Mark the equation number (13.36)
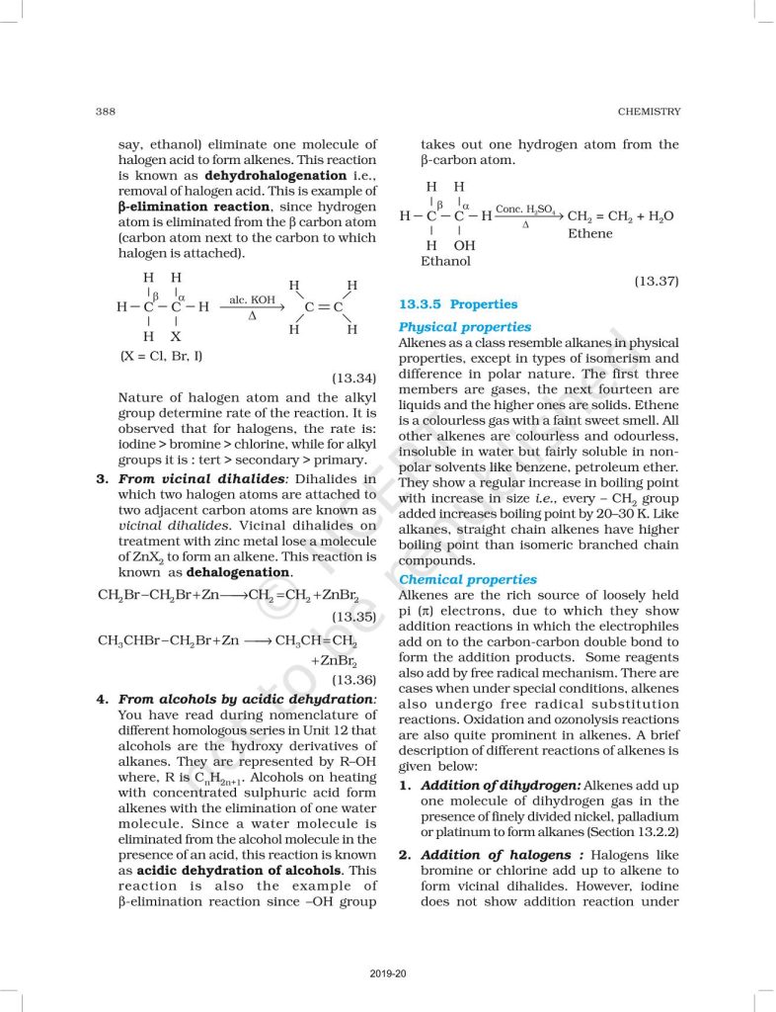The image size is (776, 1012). pyautogui.click(x=353, y=679)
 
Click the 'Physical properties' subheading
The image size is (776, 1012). pyautogui.click(x=464, y=327)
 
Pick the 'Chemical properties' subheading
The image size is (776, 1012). pyautogui.click(x=467, y=580)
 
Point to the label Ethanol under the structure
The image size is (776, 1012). pyautogui.click(x=445, y=262)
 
